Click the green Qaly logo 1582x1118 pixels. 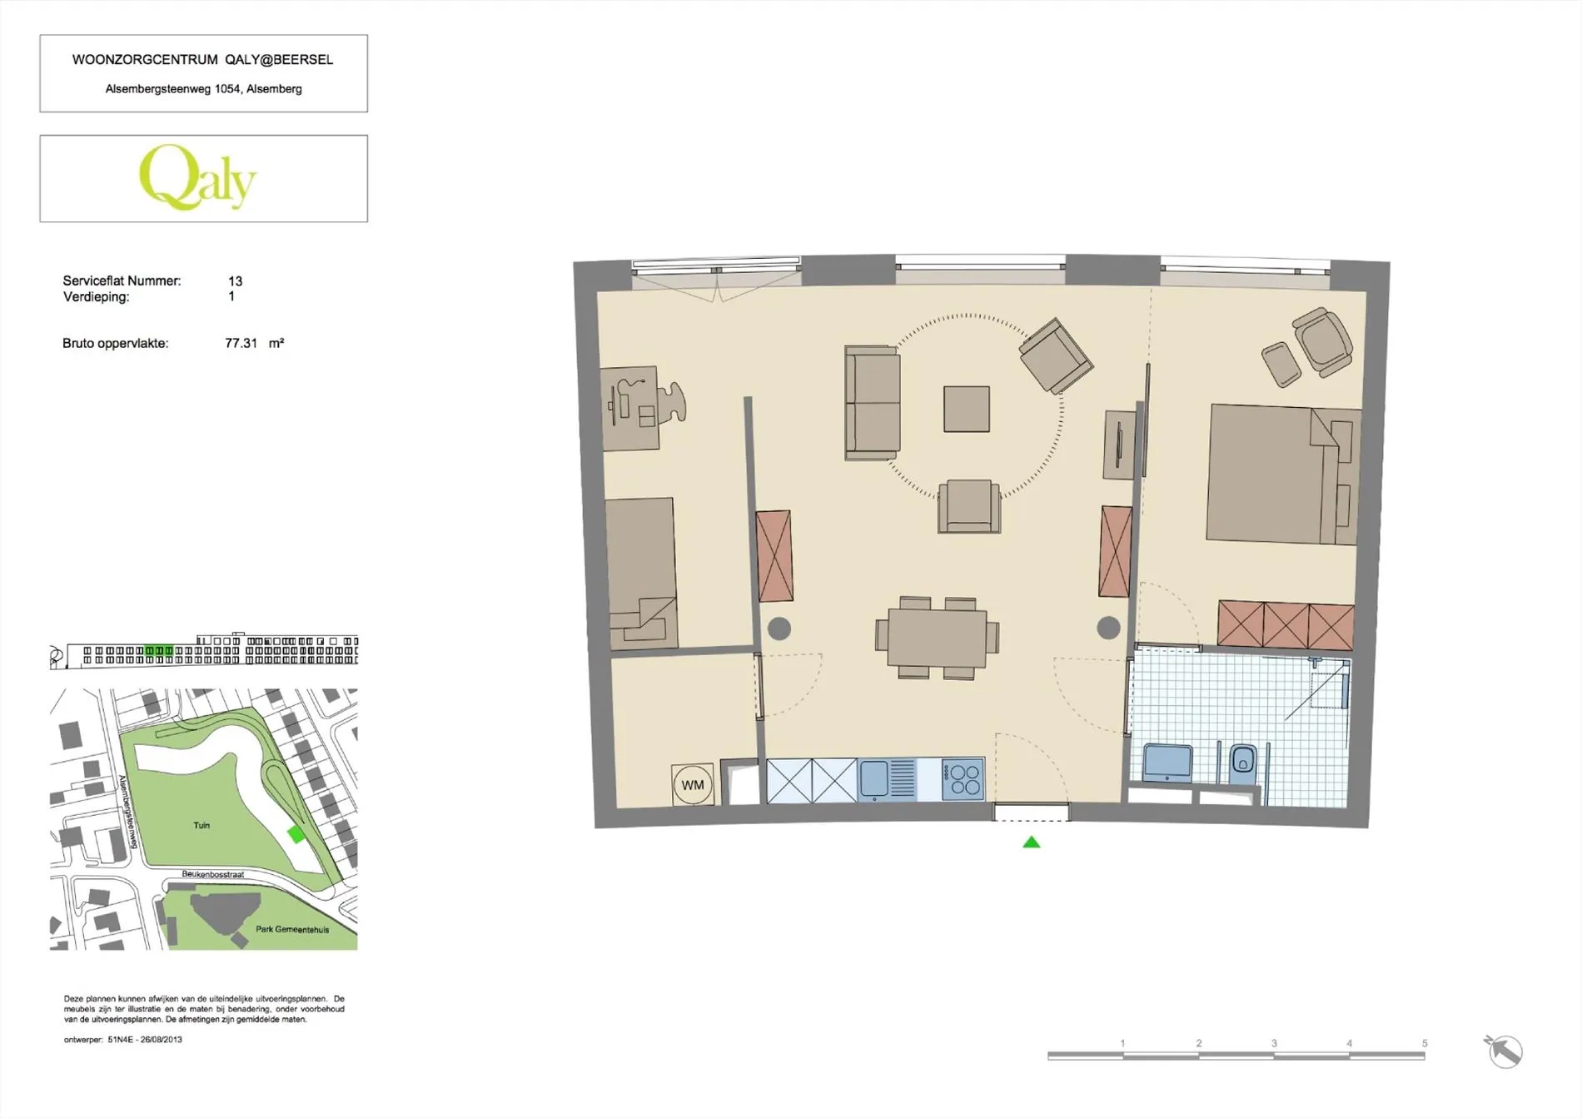(198, 177)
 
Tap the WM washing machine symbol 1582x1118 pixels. (693, 785)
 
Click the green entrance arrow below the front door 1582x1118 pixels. (1032, 842)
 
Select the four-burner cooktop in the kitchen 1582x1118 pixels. (963, 780)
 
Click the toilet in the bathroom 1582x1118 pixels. (1242, 762)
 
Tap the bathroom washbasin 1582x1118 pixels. (1167, 763)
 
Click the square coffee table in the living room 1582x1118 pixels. (967, 409)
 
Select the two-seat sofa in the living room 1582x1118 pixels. (873, 403)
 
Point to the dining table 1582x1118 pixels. (937, 638)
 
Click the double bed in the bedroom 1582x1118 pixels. (1283, 474)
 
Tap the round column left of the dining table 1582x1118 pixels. (779, 629)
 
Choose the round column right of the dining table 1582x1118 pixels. (1108, 628)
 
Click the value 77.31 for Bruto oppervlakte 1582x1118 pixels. (241, 343)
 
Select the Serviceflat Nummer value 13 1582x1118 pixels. (236, 281)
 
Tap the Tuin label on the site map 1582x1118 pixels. (201, 825)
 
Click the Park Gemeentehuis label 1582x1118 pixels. (292, 929)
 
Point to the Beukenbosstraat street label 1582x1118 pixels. (213, 875)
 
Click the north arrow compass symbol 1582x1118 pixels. (1504, 1051)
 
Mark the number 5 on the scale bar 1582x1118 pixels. (1425, 1043)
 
